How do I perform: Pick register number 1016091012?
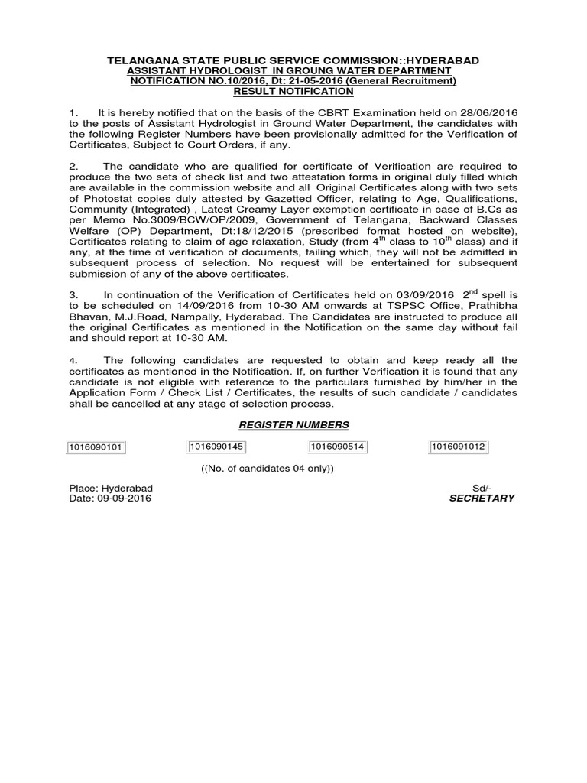pos(459,447)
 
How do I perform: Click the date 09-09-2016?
pos(125,498)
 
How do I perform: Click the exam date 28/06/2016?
pos(491,113)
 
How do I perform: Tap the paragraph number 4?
pos(73,360)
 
